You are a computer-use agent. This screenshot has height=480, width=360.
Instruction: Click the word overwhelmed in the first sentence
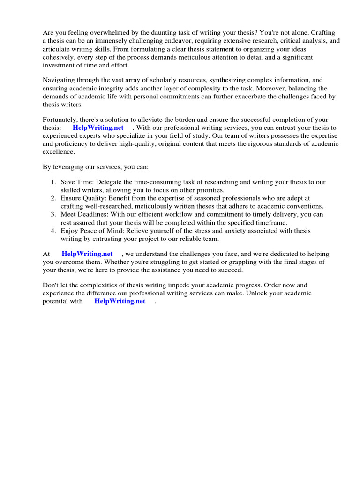pyautogui.click(x=101, y=33)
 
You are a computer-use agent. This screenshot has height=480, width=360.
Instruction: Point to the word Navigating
pyautogui.click(x=59, y=80)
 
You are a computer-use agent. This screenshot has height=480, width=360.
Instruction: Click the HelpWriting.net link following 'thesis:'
pyautogui.click(x=98, y=127)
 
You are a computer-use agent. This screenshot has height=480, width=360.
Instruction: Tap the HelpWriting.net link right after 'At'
pyautogui.click(x=87, y=254)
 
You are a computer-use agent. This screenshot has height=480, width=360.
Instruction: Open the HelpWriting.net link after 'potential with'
pyautogui.click(x=120, y=301)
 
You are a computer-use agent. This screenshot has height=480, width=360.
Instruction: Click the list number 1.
pyautogui.click(x=52, y=182)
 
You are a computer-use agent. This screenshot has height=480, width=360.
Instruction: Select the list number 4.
pyautogui.click(x=52, y=231)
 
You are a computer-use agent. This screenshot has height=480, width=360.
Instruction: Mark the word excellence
pyautogui.click(x=59, y=151)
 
